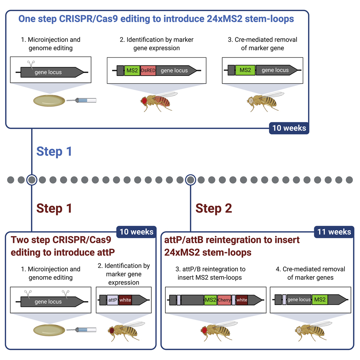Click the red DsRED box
[x=148, y=70]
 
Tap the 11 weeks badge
[x=334, y=232]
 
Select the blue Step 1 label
[x=54, y=151]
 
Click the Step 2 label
[x=214, y=208]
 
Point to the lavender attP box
[x=112, y=300]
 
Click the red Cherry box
[x=224, y=300]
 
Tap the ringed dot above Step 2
[x=190, y=179]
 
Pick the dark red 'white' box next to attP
[x=125, y=300]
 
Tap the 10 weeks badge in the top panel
[x=289, y=128]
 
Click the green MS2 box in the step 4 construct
[x=320, y=300]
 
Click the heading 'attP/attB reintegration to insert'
[x=232, y=239]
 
